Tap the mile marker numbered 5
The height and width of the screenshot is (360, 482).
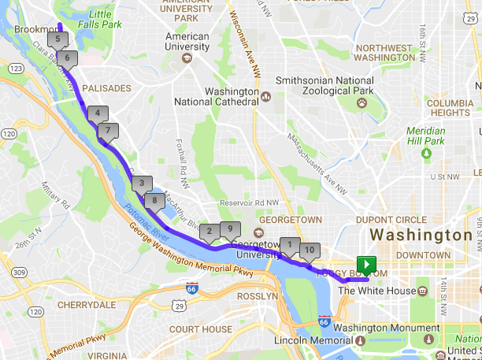[x=57, y=39]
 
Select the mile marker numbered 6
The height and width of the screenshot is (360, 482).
[x=67, y=58]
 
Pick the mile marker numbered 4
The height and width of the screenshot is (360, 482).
[x=98, y=113]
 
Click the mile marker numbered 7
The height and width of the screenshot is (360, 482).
[x=108, y=130]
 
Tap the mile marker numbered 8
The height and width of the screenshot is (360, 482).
[x=154, y=201]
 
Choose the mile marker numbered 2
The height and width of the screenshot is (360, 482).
[x=209, y=232]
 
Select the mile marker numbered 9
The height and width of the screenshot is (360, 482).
[x=230, y=229]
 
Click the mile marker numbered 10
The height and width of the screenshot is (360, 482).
[x=310, y=251]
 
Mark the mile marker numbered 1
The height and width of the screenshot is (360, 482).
[x=290, y=245]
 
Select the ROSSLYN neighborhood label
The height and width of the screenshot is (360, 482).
[x=256, y=296]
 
